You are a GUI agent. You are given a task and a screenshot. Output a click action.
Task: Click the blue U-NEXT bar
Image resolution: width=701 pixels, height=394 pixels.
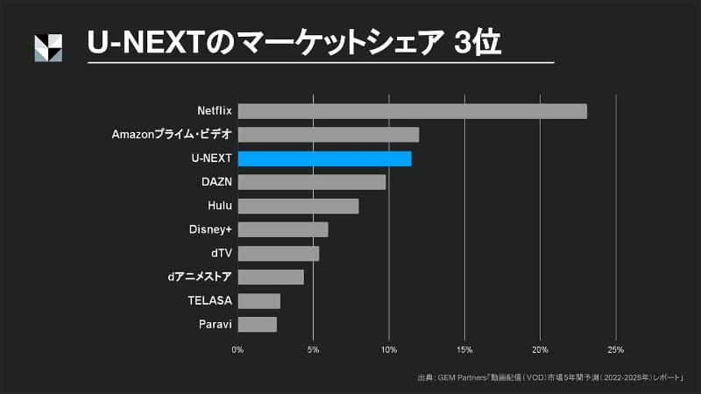pos(324,158)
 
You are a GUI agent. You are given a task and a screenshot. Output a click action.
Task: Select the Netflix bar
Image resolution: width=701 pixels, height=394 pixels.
pos(412,111)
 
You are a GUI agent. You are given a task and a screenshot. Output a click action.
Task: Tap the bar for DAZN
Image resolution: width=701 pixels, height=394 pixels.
pos(311,182)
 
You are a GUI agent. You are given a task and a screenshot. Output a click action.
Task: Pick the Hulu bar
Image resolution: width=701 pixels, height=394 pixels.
pos(298,206)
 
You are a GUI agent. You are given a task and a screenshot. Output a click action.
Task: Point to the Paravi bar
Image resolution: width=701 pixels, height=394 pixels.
pos(257,325)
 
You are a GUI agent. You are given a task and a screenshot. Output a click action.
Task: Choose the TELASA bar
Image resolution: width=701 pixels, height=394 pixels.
pos(258,301)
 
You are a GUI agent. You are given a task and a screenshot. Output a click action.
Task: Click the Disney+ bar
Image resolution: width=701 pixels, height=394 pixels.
pos(282,229)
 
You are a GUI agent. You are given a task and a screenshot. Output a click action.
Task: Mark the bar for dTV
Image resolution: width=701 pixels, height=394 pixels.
pos(278,254)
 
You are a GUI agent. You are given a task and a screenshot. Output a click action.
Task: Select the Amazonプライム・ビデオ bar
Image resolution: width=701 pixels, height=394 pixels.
pos(328,135)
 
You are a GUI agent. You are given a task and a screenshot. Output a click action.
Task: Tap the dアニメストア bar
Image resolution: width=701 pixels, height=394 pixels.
pos(270,278)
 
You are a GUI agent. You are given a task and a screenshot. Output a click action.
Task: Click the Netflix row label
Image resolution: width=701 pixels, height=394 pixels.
pos(215,111)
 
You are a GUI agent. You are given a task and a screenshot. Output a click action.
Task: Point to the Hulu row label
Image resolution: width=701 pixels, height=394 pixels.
pos(220,206)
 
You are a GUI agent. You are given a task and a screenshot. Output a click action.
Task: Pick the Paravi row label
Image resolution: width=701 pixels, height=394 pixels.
pos(216,325)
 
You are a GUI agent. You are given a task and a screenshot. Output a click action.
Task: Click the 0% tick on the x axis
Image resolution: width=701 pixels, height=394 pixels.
pos(237,349)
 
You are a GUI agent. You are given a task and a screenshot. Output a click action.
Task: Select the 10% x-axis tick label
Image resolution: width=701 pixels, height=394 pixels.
pos(389,349)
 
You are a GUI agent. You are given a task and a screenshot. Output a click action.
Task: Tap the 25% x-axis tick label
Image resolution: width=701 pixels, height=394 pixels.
pos(616,349)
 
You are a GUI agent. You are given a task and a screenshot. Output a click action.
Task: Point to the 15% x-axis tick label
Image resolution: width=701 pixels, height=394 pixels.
pos(464,349)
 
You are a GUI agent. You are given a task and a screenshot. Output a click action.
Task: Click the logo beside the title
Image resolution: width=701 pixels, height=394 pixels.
pos(48,48)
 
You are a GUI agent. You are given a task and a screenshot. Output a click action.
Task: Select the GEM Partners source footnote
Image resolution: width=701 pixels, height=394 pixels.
pos(549,378)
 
